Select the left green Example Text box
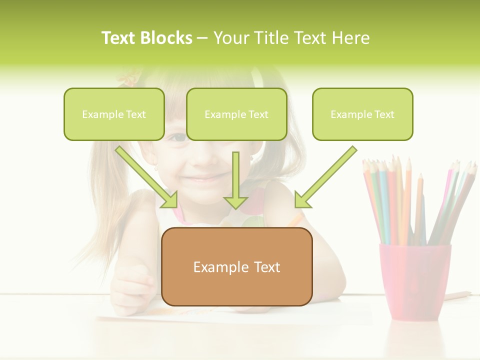point(114,114)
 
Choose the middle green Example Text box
point(236,114)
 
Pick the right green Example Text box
point(362,114)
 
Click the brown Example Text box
point(236,267)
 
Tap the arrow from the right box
point(325,177)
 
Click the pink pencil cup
point(414,280)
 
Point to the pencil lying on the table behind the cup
point(458,295)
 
